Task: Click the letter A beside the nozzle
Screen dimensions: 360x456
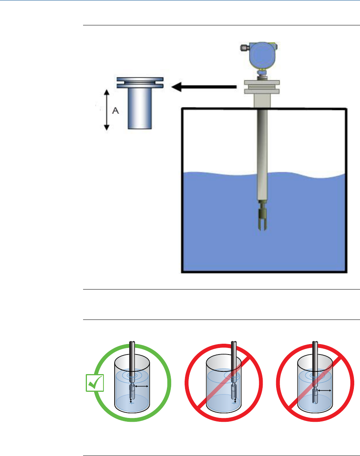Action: coord(115,111)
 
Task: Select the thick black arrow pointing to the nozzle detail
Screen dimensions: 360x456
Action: coord(204,88)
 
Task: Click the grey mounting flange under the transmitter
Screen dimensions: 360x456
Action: coord(262,87)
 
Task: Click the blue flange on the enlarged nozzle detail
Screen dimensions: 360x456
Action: coord(140,83)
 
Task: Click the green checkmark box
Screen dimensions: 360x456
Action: coord(95,383)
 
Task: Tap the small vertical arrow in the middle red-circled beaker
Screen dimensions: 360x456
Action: coord(235,401)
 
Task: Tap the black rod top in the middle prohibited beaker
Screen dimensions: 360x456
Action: coord(234,350)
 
